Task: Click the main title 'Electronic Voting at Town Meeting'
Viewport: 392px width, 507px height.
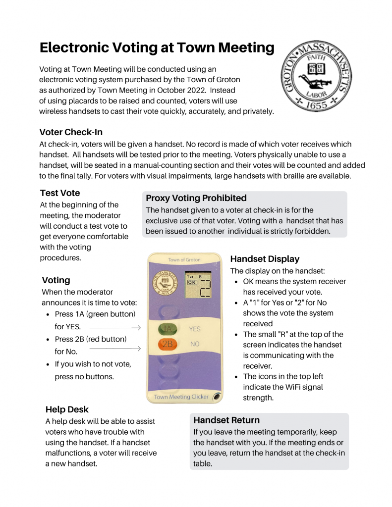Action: click(x=157, y=48)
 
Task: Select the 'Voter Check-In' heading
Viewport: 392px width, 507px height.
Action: click(x=71, y=132)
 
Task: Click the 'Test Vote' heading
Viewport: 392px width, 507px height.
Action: click(x=59, y=193)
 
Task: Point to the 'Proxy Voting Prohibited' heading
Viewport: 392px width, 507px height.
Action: click(x=196, y=198)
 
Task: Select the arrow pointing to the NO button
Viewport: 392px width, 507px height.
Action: click(x=115, y=349)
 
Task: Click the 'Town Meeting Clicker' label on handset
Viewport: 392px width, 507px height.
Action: click(x=181, y=397)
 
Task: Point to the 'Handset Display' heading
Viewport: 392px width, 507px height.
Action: click(x=265, y=259)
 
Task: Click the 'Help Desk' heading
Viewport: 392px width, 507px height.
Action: click(x=67, y=409)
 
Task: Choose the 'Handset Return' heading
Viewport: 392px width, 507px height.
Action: click(x=226, y=420)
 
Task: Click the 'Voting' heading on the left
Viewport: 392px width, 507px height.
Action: click(x=56, y=280)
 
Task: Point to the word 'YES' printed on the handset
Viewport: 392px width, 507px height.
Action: click(x=195, y=329)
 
